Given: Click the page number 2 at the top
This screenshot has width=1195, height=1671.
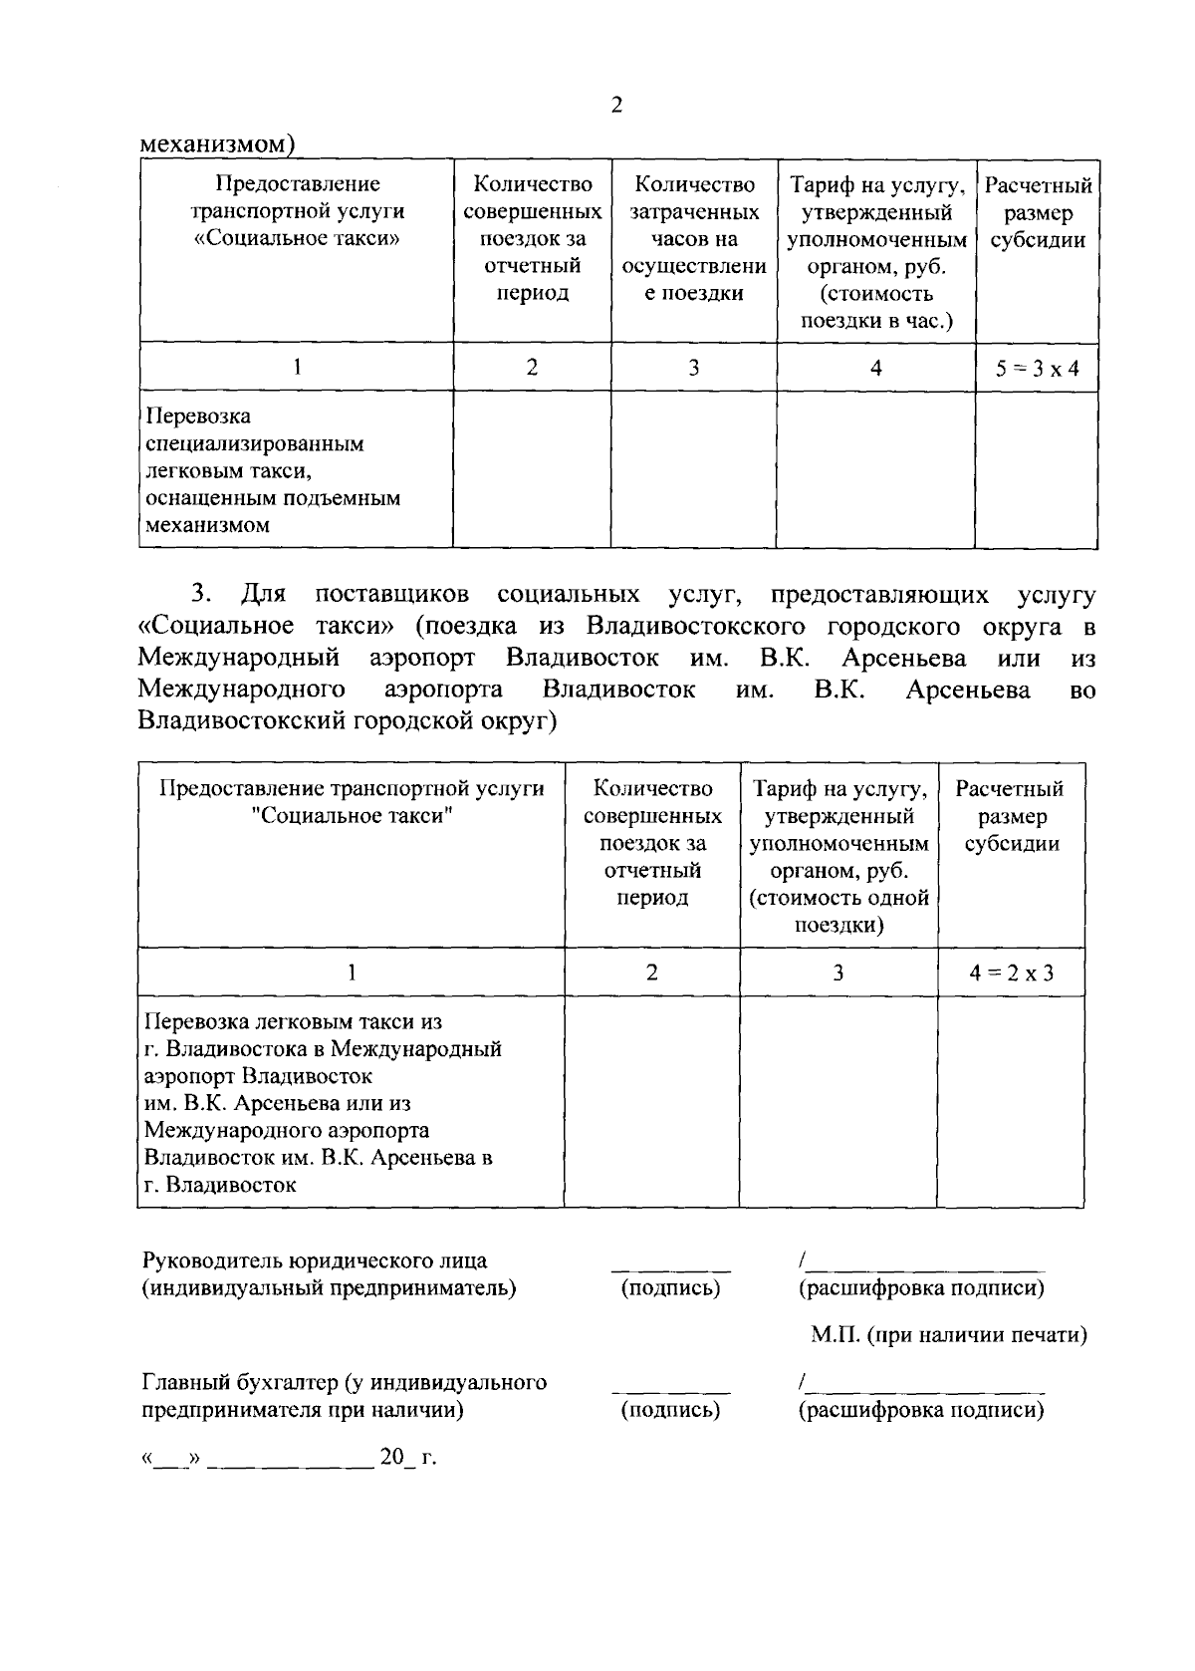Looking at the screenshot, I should (616, 106).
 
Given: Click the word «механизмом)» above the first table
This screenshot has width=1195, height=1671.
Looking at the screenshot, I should (217, 144).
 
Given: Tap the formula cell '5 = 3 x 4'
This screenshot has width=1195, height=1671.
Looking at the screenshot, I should (1037, 368).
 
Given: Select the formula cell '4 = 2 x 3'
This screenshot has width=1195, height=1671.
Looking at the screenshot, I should (1011, 973).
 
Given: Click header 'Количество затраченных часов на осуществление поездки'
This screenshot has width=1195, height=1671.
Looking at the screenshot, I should (694, 239).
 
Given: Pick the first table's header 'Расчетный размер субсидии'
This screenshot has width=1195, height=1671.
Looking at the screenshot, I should (1037, 212).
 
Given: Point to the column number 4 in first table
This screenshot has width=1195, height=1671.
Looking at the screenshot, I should (875, 368).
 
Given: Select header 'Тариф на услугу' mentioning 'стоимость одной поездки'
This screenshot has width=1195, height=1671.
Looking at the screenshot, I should (838, 856).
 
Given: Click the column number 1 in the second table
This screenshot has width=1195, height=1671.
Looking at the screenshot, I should (351, 973).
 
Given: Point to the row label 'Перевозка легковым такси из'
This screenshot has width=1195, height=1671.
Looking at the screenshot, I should (293, 1021).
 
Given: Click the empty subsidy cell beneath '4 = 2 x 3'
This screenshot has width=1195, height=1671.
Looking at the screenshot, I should (1011, 1101).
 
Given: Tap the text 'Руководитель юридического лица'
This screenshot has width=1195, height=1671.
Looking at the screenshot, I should (316, 1260).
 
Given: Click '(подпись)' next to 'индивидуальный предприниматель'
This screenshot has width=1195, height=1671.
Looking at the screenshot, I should (670, 1288).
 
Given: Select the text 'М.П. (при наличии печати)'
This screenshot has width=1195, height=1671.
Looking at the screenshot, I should (947, 1335).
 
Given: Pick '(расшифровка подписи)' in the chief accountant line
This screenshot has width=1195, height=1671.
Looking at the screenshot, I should (921, 1411).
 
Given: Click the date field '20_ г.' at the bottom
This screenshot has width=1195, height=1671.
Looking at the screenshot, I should (407, 1458).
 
